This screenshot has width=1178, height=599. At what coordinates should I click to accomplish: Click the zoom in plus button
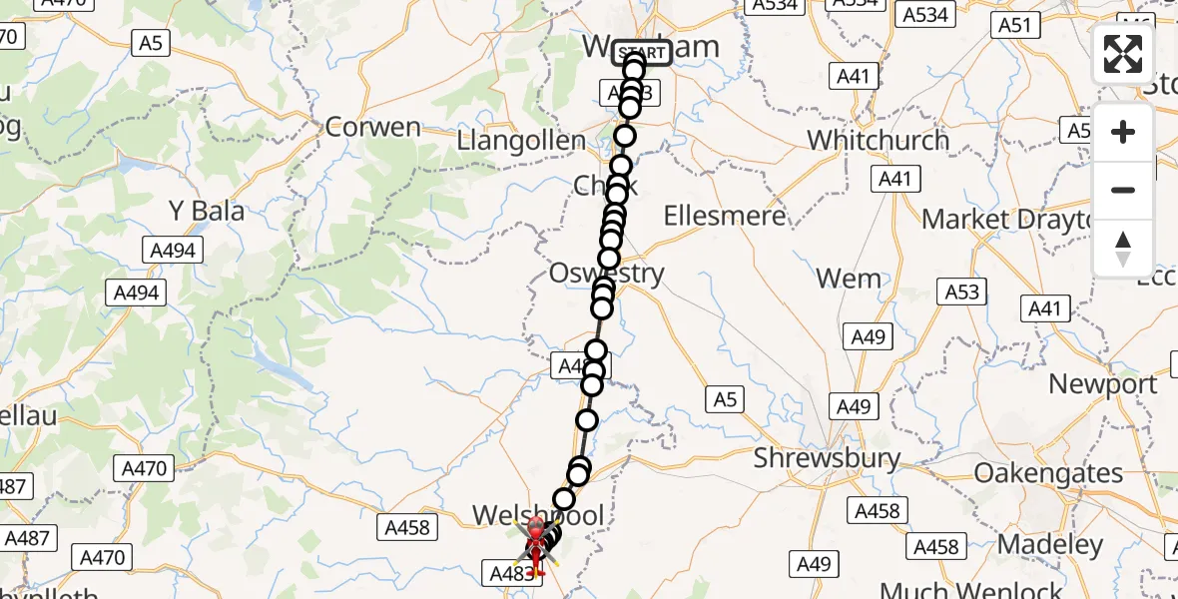coord(1123,133)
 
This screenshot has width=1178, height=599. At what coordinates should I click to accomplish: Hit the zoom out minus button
coord(1123,190)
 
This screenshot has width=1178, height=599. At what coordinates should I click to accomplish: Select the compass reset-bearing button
coord(1123,248)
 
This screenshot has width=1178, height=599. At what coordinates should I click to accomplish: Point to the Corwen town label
coord(373,128)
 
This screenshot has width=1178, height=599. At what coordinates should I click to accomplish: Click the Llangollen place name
coord(521,141)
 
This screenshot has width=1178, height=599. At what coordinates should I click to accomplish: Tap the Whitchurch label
coord(879,140)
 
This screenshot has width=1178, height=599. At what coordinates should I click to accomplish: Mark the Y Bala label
coord(207,212)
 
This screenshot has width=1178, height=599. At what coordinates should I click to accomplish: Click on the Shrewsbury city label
coord(828,459)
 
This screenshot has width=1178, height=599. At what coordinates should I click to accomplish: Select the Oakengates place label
coord(1049,472)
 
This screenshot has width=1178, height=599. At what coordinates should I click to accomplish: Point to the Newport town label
coord(1103,384)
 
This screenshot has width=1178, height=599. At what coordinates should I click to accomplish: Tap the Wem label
coord(849,279)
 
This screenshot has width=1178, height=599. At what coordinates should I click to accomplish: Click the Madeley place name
coord(1051,545)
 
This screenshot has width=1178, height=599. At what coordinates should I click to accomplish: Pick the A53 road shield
coord(962,291)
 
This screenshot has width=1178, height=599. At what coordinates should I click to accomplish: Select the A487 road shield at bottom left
coord(26,538)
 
